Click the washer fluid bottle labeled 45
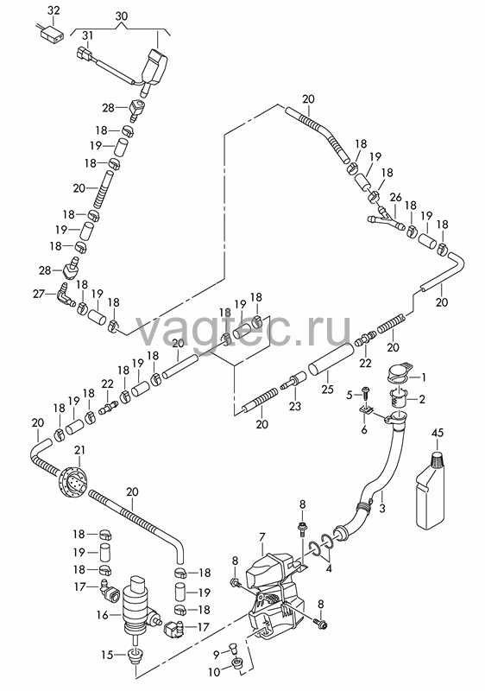430,489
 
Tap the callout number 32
54,10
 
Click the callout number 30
122,16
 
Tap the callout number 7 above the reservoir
262,537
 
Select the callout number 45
437,433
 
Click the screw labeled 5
365,394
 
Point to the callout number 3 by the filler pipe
382,508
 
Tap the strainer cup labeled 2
400,399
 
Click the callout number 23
295,405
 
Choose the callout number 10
214,672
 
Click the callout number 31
88,35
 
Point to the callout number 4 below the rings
329,568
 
